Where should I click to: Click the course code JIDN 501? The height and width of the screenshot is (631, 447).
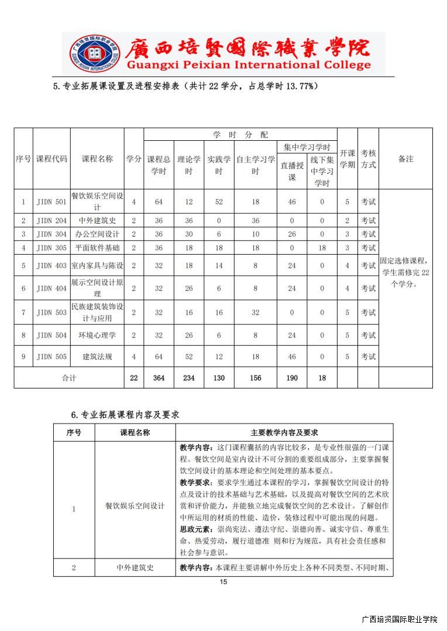tap(51, 202)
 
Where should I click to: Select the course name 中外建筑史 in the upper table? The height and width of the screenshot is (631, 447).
tap(97, 220)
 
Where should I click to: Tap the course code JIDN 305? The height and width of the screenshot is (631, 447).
tap(51, 248)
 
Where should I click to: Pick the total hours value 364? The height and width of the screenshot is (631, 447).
tap(159, 378)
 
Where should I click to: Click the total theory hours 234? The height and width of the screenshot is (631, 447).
tap(189, 378)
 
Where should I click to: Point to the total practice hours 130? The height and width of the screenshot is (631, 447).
tap(219, 378)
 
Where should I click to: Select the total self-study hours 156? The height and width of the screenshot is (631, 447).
tap(255, 378)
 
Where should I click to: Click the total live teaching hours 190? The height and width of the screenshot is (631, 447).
tap(292, 378)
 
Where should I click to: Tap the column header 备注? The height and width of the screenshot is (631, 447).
tap(405, 159)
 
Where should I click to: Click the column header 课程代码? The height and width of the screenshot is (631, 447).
tap(51, 159)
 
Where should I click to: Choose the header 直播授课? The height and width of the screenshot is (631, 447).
tap(292, 171)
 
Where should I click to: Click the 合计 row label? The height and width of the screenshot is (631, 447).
tap(69, 378)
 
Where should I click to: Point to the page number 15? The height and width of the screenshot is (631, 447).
tap(223, 581)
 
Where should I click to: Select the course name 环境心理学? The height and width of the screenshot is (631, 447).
tap(97, 335)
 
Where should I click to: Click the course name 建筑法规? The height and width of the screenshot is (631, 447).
tap(97, 356)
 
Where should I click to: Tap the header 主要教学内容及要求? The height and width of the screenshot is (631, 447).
tap(284, 432)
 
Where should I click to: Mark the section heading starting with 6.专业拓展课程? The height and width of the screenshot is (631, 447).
tap(125, 414)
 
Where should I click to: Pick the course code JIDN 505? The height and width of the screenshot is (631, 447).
tap(51, 356)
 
